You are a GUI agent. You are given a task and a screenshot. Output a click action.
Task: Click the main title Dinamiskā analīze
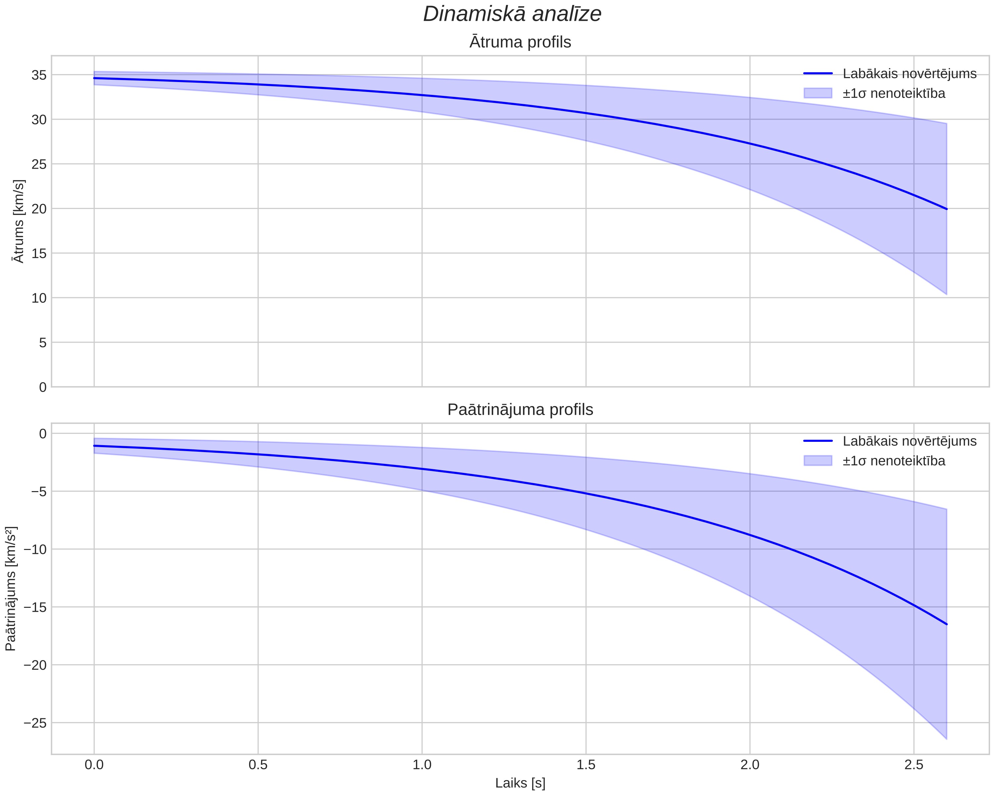pos(512,14)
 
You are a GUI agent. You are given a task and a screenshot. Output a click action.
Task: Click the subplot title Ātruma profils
pos(520,42)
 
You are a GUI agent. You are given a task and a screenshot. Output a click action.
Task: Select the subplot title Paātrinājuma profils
pos(520,410)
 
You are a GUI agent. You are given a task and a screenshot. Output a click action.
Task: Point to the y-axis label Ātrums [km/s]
pos(19,221)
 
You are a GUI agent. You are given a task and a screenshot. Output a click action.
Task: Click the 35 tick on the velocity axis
pos(39,75)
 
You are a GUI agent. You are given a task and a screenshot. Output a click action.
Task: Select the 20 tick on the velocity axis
pos(39,209)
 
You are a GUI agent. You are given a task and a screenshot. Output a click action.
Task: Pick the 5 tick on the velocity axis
pos(43,342)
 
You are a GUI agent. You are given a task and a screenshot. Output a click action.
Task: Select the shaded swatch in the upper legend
pos(818,93)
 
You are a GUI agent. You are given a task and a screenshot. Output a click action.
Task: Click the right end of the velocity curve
pos(946,209)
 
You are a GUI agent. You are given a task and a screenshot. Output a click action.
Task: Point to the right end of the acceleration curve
pos(946,624)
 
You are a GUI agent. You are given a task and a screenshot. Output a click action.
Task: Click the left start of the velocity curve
pos(94,78)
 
